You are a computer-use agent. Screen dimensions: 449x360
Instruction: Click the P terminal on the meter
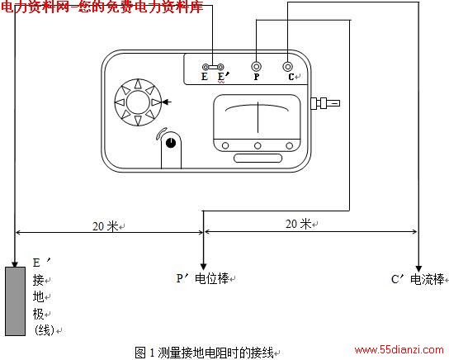point(257,67)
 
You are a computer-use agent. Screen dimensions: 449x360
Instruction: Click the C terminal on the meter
point(287,67)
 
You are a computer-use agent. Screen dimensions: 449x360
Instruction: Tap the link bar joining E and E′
point(213,68)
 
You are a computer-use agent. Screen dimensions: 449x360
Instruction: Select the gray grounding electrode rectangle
point(15,301)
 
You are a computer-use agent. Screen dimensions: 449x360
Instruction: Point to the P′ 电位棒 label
point(203,278)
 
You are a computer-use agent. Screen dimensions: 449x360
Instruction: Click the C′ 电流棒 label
point(418,279)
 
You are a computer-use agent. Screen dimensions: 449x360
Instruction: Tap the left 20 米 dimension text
point(106,226)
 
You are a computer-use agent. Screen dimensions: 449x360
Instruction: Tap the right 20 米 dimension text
point(299,224)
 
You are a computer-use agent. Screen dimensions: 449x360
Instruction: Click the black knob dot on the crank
point(171,142)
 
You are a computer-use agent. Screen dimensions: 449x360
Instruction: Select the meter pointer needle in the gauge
point(258,117)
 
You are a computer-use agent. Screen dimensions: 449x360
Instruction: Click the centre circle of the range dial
point(138,102)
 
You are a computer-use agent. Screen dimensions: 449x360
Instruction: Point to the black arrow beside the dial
point(167,102)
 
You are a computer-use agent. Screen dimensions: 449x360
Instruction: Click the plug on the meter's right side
point(325,103)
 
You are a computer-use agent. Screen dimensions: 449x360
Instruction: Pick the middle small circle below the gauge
point(258,146)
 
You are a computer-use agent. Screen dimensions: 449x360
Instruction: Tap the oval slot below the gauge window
point(258,158)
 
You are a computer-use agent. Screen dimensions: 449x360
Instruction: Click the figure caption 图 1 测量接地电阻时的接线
point(204,353)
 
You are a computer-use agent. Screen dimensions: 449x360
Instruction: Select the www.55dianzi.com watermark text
point(399,350)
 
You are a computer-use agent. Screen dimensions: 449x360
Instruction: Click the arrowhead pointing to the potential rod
point(203,267)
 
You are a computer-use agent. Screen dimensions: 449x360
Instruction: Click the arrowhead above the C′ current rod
point(418,268)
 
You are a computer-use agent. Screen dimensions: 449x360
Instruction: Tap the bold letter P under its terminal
point(257,77)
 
